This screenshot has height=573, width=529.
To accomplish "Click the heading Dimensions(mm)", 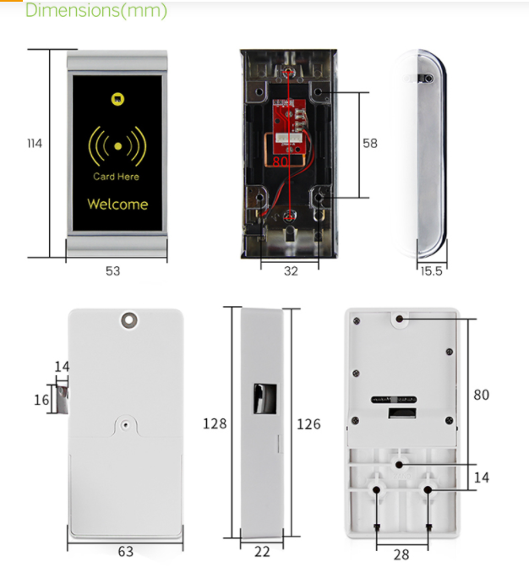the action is pos(96,10).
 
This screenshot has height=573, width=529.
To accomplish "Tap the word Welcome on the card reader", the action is pos(117,204).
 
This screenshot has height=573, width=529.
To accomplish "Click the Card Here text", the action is pos(116,177).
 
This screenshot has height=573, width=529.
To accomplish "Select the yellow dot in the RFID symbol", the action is pos(117,146).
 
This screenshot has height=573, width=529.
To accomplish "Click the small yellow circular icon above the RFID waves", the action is pos(117,99).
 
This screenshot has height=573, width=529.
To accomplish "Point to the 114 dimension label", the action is pos(35,144).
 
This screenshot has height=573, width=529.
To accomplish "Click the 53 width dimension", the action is pos(113,270).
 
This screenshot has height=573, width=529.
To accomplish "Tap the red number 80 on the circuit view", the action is pos(281,161).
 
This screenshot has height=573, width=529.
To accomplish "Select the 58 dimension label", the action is pos(370,144).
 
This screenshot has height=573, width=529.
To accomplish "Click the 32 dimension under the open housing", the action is pos(291,270).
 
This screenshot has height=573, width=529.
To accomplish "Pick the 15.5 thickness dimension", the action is pos(432,271).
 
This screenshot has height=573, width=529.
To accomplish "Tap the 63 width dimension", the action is pos(126,551).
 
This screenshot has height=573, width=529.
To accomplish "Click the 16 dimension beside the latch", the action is pos(41,400).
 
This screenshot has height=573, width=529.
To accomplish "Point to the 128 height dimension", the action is pos(215,423).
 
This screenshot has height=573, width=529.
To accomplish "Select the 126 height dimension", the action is pos(308,424).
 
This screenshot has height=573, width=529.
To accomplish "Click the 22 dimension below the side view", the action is pos(262,552).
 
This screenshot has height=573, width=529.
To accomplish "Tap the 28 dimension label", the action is pos(401,554).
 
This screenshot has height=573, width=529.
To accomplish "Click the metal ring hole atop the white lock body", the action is pos(129,320).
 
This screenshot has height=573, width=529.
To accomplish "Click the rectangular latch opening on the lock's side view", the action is pos(265,399).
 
